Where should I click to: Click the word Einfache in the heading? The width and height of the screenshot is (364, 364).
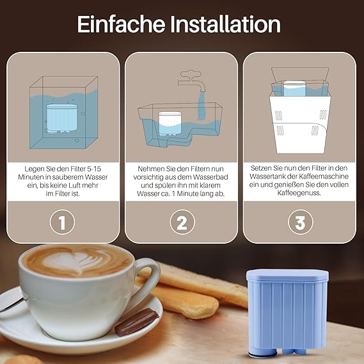(x=121, y=24)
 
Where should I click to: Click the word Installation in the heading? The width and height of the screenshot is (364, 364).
(x=226, y=24)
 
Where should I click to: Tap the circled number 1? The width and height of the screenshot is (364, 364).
(x=62, y=222)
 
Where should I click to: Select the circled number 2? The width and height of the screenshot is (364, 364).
(x=182, y=222)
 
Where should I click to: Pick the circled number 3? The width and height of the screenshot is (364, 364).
(x=301, y=222)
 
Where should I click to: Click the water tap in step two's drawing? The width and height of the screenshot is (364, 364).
(x=192, y=81)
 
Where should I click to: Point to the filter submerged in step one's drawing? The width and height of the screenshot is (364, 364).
(x=61, y=118)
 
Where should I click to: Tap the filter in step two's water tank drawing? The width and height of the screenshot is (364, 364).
(x=170, y=123)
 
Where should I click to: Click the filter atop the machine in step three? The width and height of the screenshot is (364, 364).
(x=294, y=88)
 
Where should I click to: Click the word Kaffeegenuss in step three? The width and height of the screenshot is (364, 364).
(x=299, y=193)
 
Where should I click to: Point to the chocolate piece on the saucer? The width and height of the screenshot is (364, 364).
(x=136, y=322)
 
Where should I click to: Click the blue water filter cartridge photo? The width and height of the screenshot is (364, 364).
(x=287, y=313)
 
